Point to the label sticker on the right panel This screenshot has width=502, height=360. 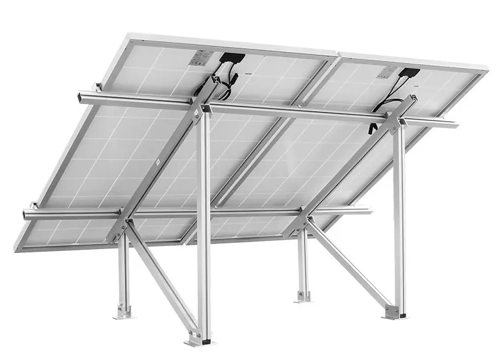coord(387,72)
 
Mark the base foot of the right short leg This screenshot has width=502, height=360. coord(303,295)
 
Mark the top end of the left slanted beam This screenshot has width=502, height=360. coord(219,80)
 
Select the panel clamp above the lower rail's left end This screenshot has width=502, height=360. coord(33,205)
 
